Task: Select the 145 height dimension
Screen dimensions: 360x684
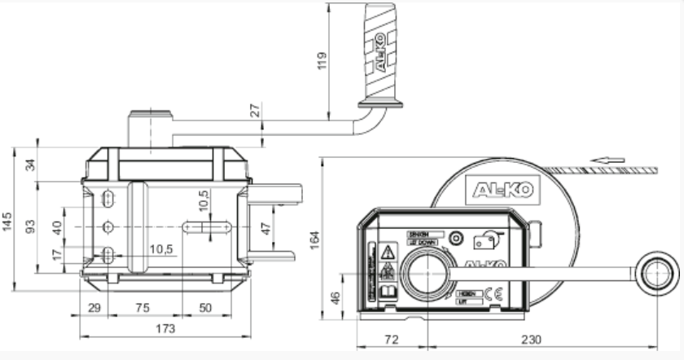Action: (8, 221)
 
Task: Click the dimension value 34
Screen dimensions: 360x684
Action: (32, 163)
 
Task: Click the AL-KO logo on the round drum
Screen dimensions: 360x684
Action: (503, 190)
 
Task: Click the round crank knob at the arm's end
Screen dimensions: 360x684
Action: (657, 271)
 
